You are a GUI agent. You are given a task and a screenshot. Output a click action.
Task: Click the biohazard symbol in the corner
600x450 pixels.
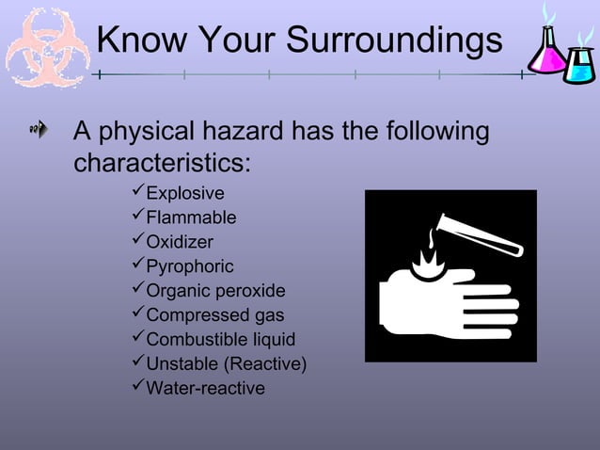47,47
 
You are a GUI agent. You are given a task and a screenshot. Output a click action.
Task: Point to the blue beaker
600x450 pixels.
579,63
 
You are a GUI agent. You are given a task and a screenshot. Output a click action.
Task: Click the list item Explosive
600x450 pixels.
185,194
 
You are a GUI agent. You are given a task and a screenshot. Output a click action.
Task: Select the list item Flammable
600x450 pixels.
191,218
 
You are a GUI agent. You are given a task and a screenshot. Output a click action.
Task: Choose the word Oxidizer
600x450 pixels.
180,242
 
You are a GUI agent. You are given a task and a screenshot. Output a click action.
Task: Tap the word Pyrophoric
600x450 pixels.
190,266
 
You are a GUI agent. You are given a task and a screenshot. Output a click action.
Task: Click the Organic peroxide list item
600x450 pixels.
215,291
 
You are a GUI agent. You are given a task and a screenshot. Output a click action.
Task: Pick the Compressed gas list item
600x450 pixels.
215,315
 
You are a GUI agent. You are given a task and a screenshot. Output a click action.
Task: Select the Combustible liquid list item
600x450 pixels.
221,340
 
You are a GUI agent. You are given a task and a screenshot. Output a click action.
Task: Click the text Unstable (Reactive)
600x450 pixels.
227,364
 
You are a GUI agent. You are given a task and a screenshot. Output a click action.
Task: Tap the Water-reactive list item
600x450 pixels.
205,389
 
